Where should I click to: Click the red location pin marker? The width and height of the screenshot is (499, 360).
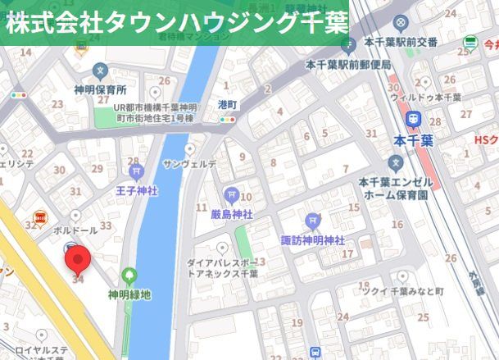tap(78, 261)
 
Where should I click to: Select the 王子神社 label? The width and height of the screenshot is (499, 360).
tap(136, 190)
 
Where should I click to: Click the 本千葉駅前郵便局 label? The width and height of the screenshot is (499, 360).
tap(348, 63)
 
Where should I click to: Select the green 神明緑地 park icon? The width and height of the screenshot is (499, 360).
tap(129, 276)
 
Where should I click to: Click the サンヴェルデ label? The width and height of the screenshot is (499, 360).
tap(190, 165)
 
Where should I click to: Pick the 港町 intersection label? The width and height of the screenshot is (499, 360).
tap(227, 105)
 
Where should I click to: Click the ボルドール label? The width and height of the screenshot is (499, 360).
tap(75, 230)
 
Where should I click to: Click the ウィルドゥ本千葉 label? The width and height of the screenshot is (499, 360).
tap(426, 97)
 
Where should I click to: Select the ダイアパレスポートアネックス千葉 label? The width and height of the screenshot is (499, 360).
tap(221, 269)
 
